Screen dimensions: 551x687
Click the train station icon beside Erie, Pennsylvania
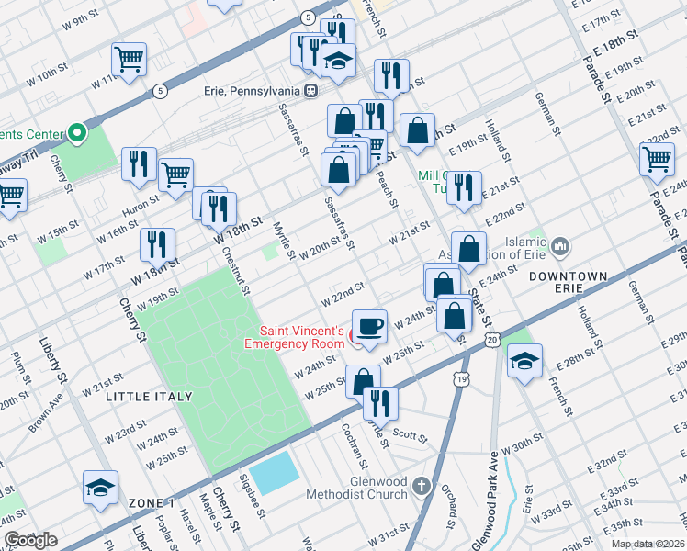pos(312,91)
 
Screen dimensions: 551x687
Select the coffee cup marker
pos(369,328)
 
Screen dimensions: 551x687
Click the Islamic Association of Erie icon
pos(560,246)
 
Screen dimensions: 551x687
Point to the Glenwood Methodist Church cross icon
pos(421,485)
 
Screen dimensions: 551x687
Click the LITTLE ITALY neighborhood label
pos(149,396)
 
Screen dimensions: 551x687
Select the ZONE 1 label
pos(152,503)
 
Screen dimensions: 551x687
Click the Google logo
pos(31,540)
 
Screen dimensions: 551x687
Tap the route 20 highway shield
pos(494,341)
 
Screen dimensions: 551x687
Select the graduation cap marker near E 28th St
pos(524,361)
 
